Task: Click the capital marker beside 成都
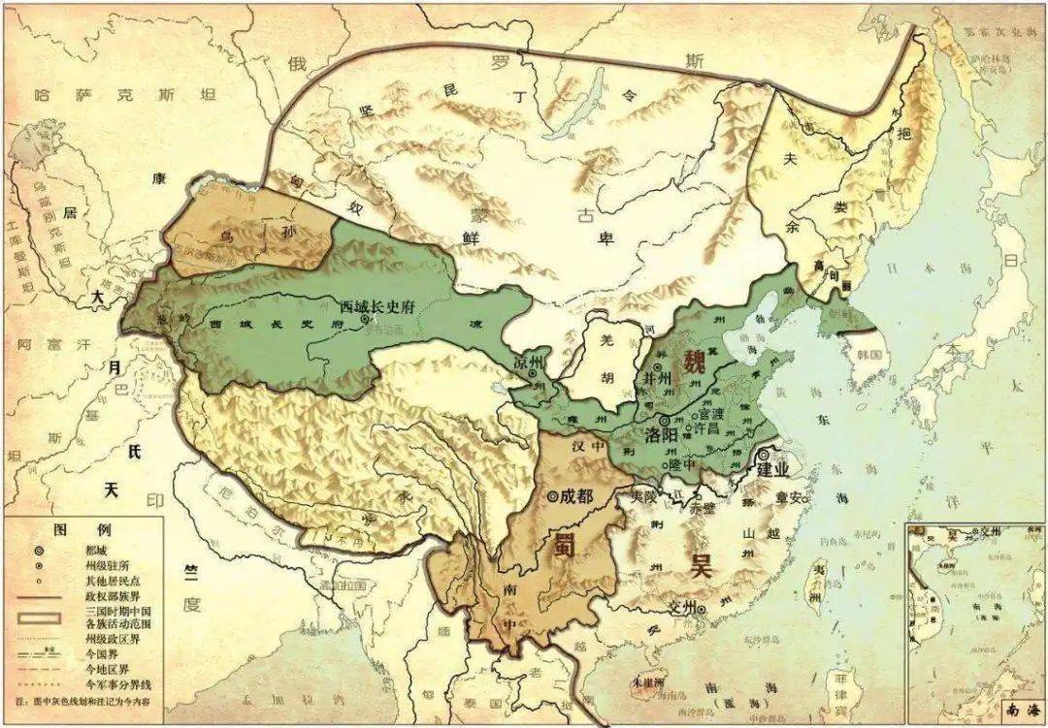pyautogui.click(x=553, y=495)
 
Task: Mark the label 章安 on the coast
pyautogui.click(x=788, y=497)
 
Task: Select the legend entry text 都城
pyautogui.click(x=95, y=549)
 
